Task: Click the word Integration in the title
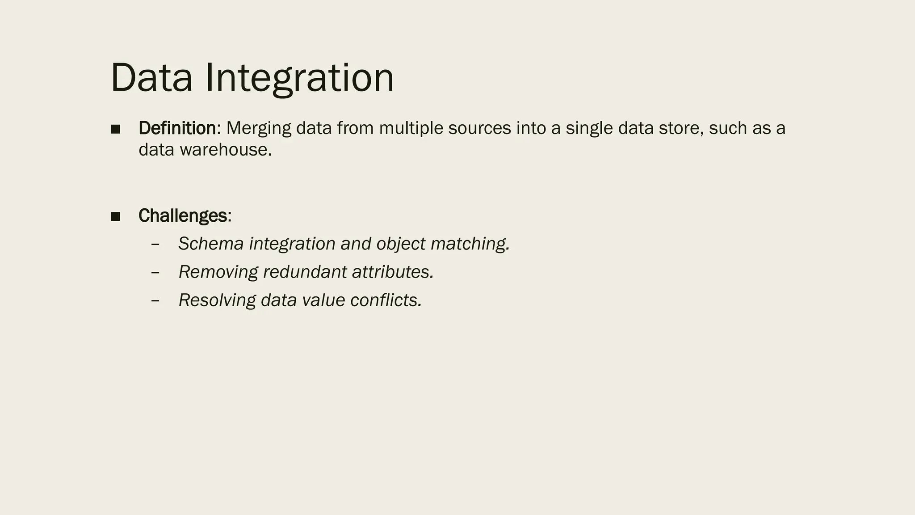[x=299, y=78]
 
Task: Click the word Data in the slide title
[x=151, y=78]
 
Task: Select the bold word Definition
[x=177, y=128]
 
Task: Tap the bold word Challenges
[x=183, y=216]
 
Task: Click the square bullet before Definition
[x=116, y=129]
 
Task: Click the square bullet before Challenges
[x=116, y=217]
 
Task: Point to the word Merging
[x=259, y=128]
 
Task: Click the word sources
[x=479, y=128]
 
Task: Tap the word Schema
[x=211, y=244]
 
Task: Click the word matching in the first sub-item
[x=470, y=244]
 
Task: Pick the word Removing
[x=218, y=272]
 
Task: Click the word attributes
[x=392, y=272]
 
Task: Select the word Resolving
[x=217, y=300]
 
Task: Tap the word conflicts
[x=386, y=300]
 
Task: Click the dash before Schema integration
[x=155, y=245]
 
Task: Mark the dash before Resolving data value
[x=155, y=301]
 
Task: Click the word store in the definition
[x=679, y=128]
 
